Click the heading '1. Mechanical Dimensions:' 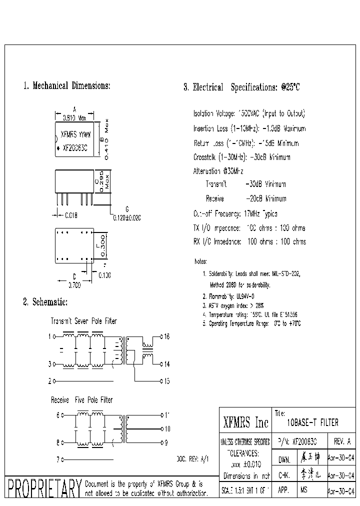coord(67,86)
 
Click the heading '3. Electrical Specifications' coord(241,87)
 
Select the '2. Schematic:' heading coord(45,302)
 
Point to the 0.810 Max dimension coord(74,118)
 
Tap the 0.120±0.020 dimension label coord(127,217)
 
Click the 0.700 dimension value coord(74,285)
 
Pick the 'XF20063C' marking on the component coord(75,148)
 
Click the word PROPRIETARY coord(43,488)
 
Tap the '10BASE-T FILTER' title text coord(312,423)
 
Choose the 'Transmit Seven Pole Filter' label coord(84,321)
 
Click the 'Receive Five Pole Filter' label coord(81,400)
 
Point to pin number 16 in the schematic coord(167,337)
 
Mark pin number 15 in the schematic coord(167,381)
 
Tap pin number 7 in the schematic coord(57,458)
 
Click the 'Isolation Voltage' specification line coord(249,113)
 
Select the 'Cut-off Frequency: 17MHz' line coord(235,213)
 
